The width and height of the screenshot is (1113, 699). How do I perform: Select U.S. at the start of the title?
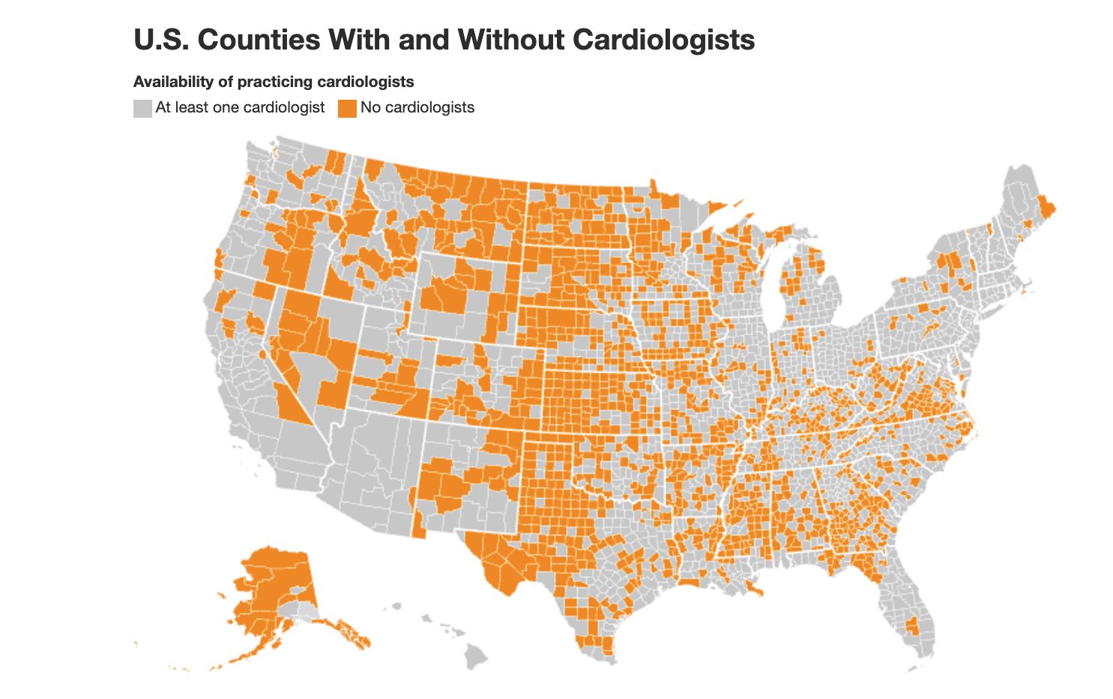[161, 40]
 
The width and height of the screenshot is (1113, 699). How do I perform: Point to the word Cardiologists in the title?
[663, 40]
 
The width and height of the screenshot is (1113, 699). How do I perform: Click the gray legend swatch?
[142, 108]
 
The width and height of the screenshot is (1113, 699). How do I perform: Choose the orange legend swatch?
[347, 108]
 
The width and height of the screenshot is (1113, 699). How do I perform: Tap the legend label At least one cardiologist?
[240, 108]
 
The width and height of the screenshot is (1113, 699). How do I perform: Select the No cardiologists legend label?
[417, 108]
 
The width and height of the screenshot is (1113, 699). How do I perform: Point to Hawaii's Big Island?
[476, 656]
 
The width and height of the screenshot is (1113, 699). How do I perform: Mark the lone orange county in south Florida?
[912, 625]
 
